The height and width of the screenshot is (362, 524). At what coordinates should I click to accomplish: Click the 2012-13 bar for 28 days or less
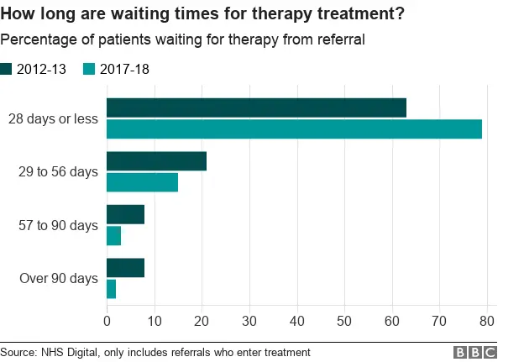tap(256, 108)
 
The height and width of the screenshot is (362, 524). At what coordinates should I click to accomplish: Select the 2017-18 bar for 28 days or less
tap(294, 129)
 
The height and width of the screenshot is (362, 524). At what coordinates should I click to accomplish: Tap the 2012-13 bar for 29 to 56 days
tap(156, 161)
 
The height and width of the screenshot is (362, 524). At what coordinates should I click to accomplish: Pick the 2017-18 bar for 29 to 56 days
tap(142, 182)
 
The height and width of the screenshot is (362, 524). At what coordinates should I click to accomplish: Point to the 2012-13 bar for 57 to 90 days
tap(126, 214)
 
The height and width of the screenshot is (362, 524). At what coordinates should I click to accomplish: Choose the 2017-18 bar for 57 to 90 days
tap(114, 235)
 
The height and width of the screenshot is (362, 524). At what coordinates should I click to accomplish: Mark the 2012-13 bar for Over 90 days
tap(126, 268)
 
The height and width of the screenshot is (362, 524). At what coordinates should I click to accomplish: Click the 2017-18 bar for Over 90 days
tap(112, 289)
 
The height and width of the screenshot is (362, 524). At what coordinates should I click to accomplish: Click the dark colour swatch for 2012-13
tap(7, 69)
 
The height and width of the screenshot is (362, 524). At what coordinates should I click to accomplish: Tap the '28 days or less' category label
tap(53, 119)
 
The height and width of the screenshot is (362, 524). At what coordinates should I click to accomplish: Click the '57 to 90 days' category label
tap(58, 225)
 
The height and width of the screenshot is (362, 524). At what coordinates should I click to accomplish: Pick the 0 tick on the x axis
tap(107, 319)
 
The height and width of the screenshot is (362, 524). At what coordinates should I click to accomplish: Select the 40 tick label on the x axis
tap(296, 319)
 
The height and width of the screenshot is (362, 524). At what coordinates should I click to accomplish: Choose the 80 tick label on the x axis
tap(486, 319)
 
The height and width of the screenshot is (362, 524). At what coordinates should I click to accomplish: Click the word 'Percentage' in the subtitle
tap(33, 39)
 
